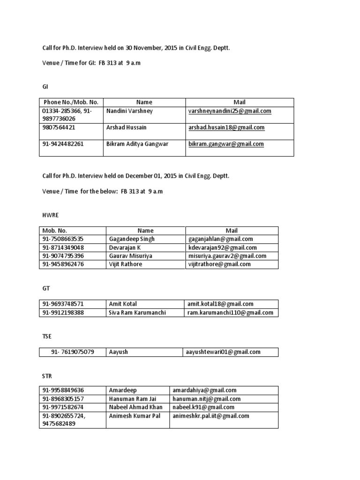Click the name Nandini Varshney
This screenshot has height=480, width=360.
pyautogui.click(x=129, y=111)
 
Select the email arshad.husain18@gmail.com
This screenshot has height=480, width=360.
pyautogui.click(x=226, y=127)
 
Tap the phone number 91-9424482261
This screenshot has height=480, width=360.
pyautogui.click(x=63, y=144)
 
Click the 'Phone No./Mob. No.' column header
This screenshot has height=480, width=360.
pyautogui.click(x=71, y=102)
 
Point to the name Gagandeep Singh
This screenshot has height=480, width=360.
pyautogui.click(x=131, y=239)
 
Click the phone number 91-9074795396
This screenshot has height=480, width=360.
pyautogui.click(x=63, y=256)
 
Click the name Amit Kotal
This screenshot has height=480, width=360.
pyautogui.click(x=123, y=304)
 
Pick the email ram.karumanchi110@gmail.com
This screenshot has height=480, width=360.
pyautogui.click(x=230, y=313)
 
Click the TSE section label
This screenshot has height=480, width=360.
pyautogui.click(x=47, y=336)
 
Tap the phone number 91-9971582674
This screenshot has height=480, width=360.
pyautogui.click(x=63, y=407)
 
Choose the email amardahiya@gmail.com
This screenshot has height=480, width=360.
pyautogui.click(x=204, y=390)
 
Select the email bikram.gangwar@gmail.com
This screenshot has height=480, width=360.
pyautogui.click(x=226, y=144)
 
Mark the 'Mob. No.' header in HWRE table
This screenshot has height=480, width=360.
pyautogui.click(x=55, y=231)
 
